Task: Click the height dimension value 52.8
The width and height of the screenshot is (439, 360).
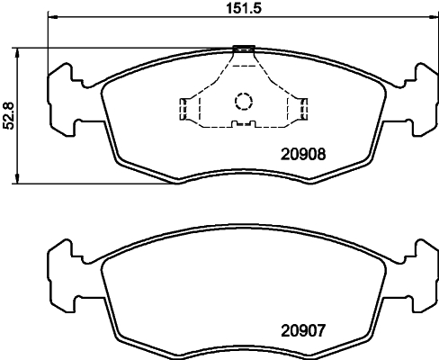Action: click(x=9, y=114)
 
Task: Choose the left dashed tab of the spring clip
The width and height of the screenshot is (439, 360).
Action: click(x=185, y=109)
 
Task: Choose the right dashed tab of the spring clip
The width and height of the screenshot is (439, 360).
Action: click(x=301, y=109)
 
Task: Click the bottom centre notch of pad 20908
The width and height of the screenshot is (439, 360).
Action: click(x=243, y=174)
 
